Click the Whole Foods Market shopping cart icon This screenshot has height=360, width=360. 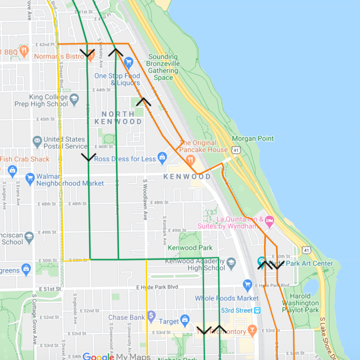(x=248, y=284)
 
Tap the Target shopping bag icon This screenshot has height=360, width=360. (x=185, y=320)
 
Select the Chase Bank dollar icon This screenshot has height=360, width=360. (x=152, y=315)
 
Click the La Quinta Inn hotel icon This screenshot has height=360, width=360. (x=269, y=221)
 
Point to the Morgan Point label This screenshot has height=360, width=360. (x=253, y=139)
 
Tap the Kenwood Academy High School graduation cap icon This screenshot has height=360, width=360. (x=231, y=263)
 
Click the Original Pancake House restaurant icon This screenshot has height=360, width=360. (x=191, y=160)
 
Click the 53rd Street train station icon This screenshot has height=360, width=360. (x=258, y=310)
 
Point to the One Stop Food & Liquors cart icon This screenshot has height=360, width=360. (x=128, y=63)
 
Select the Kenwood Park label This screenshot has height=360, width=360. (x=190, y=248)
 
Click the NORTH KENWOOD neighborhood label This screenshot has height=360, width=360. (x=118, y=118)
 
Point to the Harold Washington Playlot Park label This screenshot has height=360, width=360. (x=300, y=303)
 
